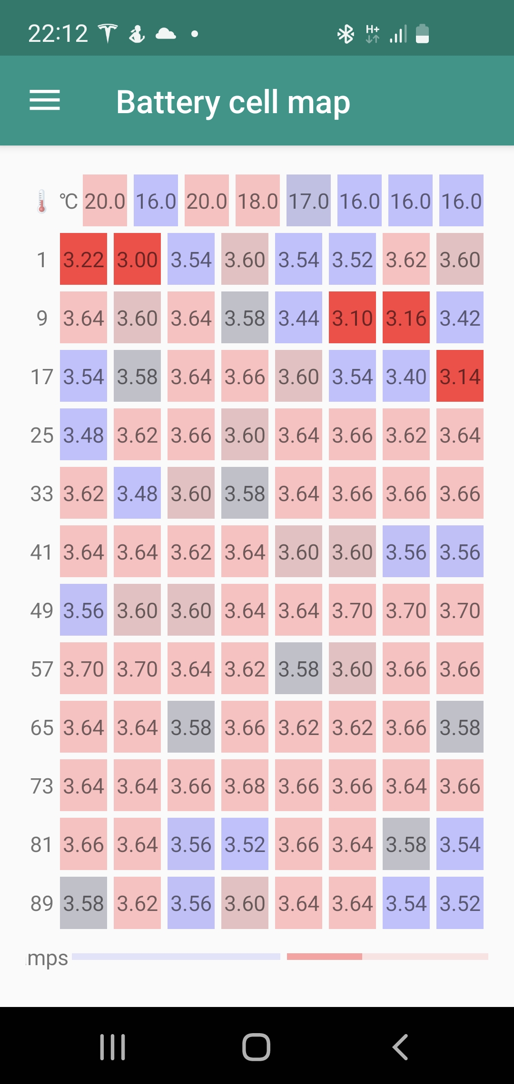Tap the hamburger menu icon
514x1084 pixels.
45,100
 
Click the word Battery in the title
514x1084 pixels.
168,102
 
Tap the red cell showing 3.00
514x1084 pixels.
137,259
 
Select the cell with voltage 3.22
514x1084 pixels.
83,259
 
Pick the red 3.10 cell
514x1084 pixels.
352,318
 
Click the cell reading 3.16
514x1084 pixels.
406,318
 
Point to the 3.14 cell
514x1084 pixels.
460,376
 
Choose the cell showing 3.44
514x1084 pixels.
298,318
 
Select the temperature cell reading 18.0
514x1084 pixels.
257,201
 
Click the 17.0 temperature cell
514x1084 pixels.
308,201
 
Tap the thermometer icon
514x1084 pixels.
42,201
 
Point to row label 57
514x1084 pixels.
42,669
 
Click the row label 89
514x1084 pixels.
42,903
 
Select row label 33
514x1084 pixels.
42,494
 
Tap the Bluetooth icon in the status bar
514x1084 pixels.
346,34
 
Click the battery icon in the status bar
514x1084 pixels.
422,34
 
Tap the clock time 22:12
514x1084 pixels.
58,34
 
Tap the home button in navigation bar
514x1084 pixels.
257,1047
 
